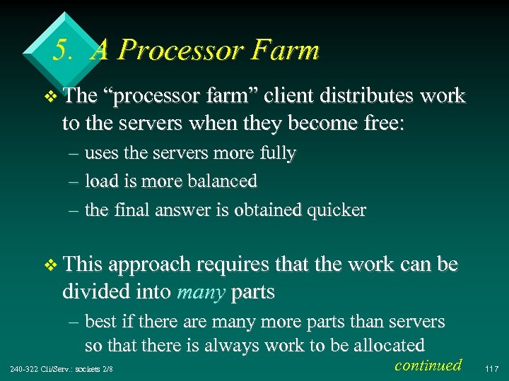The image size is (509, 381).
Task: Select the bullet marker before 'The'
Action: point(48,97)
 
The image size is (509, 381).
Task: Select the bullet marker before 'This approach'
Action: point(48,266)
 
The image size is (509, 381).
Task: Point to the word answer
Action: point(185,210)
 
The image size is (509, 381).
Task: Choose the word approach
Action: point(153,266)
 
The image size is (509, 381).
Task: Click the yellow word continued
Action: point(428,365)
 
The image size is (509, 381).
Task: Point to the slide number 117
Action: point(493,368)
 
